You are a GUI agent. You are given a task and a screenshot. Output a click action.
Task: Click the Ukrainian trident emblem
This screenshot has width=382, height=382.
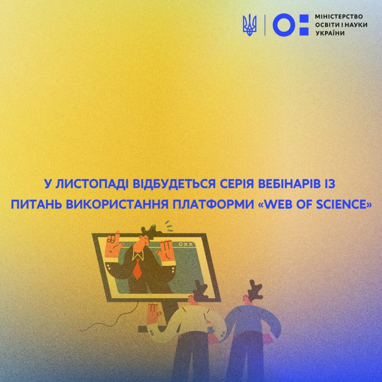[x=250, y=25]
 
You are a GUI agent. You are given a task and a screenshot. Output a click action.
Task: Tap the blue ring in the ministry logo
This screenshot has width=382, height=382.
[x=284, y=25]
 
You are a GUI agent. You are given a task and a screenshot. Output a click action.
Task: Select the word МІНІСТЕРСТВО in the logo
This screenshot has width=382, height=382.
[x=339, y=16]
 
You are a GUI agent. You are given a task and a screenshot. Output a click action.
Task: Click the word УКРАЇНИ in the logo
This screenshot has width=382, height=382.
[x=330, y=33]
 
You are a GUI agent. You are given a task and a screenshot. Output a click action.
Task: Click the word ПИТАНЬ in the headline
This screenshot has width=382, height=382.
[x=37, y=205]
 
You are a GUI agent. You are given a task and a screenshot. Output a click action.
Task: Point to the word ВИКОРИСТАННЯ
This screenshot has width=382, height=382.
[x=118, y=205]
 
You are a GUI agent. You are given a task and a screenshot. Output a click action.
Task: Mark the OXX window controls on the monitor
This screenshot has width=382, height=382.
[x=186, y=244]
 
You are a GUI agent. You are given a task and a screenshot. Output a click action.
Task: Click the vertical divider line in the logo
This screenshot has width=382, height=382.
[x=265, y=25]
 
